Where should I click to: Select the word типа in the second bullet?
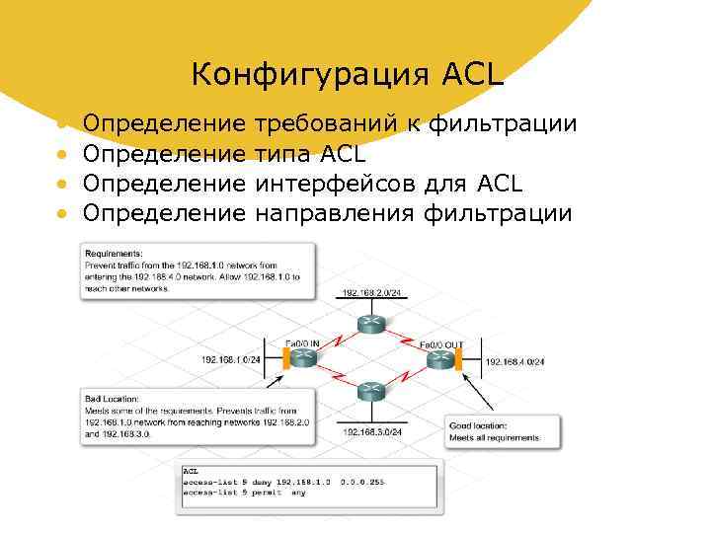tap(282, 154)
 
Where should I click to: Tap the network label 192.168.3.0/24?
tap(372, 431)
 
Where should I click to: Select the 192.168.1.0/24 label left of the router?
tap(232, 359)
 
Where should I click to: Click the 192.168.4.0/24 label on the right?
tap(514, 362)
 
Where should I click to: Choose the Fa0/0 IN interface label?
tap(302, 343)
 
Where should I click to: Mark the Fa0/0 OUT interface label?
tap(441, 344)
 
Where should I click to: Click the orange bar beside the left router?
tap(284, 360)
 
